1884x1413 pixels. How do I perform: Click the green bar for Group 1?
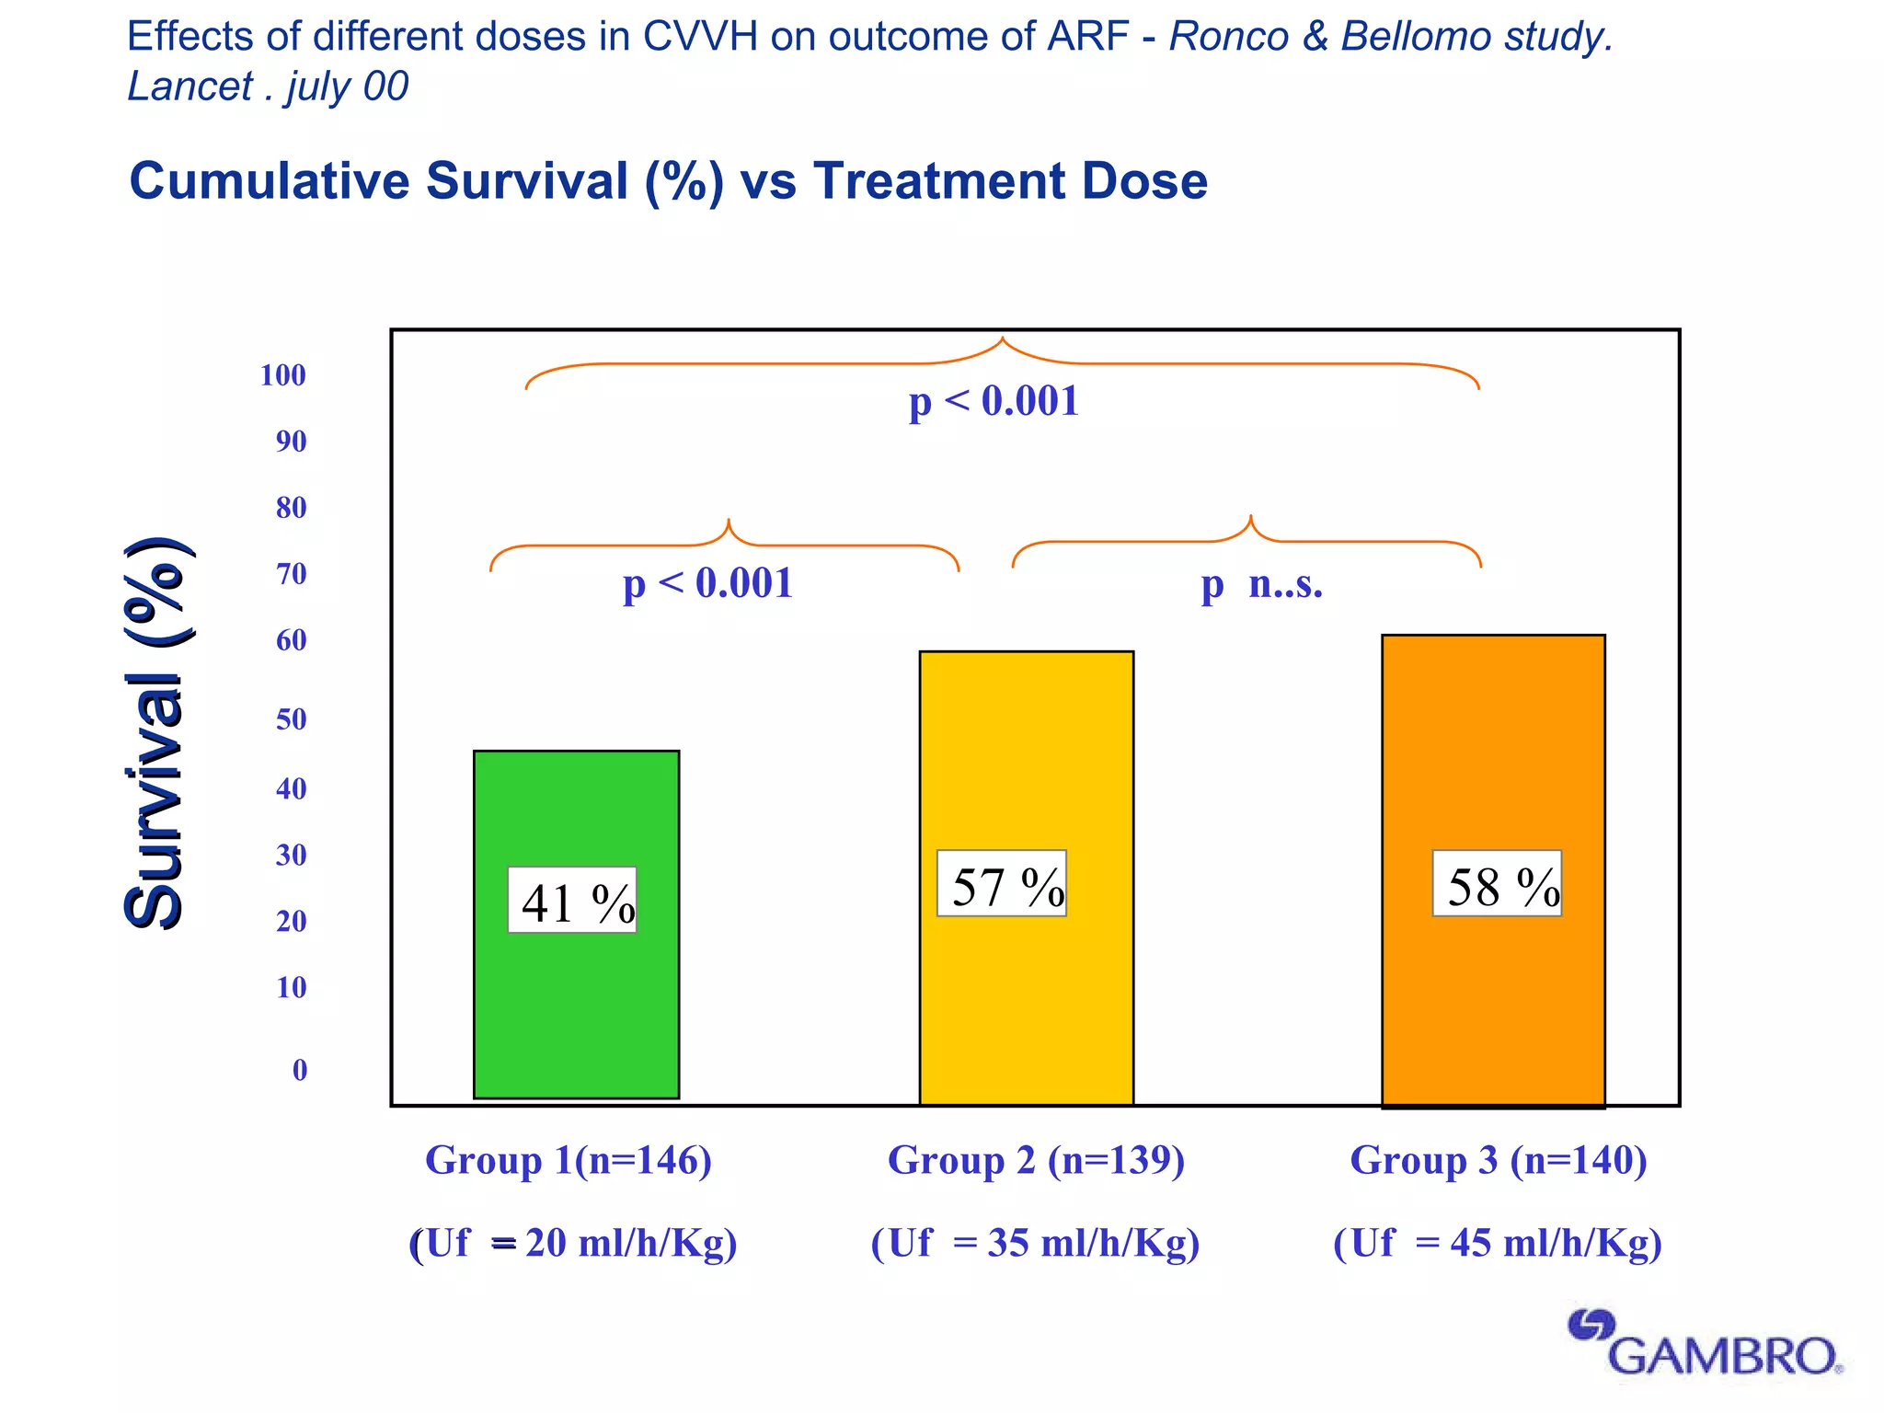click(x=576, y=1012)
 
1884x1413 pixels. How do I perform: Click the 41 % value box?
click(x=572, y=901)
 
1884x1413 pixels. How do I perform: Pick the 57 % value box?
click(x=1002, y=884)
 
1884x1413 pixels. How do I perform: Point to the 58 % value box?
click(x=1497, y=884)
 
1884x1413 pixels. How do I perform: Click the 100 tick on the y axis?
click(x=282, y=375)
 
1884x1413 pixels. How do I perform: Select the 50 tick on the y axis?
click(x=291, y=719)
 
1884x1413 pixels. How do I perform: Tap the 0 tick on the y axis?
click(x=300, y=1070)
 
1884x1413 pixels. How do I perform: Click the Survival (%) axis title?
click(x=156, y=733)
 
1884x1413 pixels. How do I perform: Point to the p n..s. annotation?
click(x=1262, y=584)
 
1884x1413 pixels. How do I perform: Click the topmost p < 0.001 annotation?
click(x=994, y=402)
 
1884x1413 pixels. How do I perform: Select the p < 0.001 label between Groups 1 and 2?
click(x=707, y=584)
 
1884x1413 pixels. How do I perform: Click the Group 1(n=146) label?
click(x=569, y=1160)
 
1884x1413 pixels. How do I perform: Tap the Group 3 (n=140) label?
click(x=1498, y=1160)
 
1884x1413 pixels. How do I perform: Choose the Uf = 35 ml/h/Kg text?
click(x=1035, y=1243)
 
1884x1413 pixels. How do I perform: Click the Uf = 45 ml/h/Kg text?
click(x=1498, y=1243)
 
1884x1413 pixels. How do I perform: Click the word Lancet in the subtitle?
click(x=190, y=86)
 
